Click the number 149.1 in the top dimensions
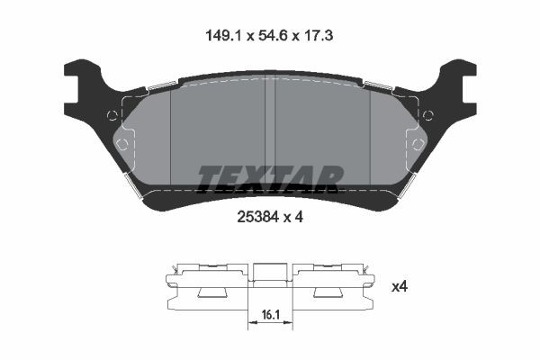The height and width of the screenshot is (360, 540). pos(220,37)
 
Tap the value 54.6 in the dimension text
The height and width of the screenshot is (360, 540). pos(271,37)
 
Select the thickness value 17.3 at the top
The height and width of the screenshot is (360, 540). pos(320,37)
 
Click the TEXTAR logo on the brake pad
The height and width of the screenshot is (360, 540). pos(270,178)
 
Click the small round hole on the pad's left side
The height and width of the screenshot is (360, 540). pos(112,114)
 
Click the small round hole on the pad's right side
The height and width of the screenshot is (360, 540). pos(427,114)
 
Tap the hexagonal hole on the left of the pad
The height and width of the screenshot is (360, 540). pos(124,143)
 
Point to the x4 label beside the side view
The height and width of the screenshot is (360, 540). pos(399,287)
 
